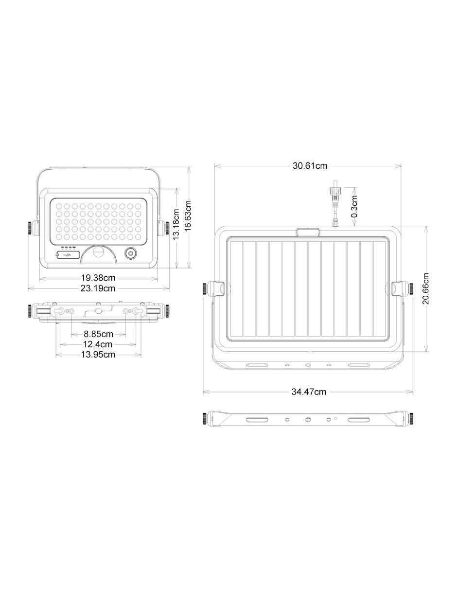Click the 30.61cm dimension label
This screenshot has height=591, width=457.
click(x=310, y=166)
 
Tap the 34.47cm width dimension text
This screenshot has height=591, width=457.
click(x=309, y=392)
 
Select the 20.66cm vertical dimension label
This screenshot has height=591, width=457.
click(x=426, y=288)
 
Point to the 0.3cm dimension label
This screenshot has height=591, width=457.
click(x=354, y=206)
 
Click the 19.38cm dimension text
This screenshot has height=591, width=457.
click(x=98, y=278)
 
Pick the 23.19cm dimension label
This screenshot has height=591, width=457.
click(x=98, y=288)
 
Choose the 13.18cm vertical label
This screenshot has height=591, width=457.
click(x=176, y=224)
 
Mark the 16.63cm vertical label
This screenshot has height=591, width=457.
click(x=188, y=215)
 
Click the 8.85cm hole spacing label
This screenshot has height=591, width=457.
click(x=98, y=334)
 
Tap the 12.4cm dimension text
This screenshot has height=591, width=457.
click(x=98, y=344)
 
